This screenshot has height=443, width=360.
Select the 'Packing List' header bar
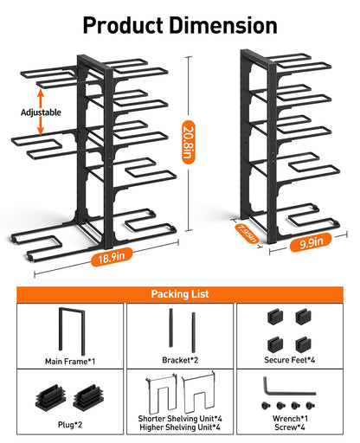(x=180, y=294)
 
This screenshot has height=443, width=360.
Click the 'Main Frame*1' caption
(x=69, y=361)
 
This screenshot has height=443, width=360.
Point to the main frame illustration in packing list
(x=69, y=330)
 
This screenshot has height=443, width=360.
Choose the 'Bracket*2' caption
(x=180, y=361)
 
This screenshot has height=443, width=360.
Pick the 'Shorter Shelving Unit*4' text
(x=180, y=418)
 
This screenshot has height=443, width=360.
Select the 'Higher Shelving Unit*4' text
(x=180, y=427)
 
